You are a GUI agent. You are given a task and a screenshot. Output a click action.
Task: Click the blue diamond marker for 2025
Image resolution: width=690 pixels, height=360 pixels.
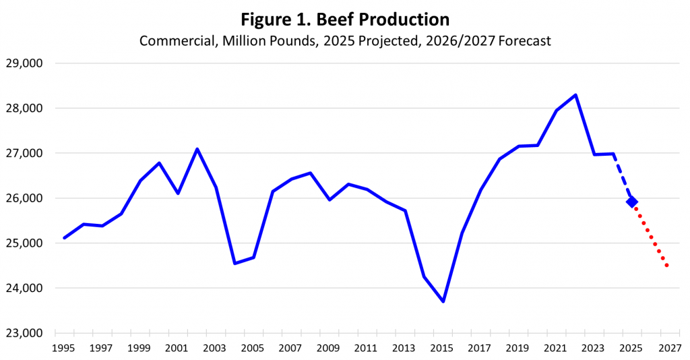click(631, 202)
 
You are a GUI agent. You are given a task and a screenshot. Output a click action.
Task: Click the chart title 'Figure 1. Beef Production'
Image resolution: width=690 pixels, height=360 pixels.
click(344, 18)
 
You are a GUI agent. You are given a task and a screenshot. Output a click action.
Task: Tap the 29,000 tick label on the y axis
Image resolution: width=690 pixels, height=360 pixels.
click(24, 63)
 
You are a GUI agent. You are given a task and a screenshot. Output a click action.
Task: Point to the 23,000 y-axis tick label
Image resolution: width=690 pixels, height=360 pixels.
click(24, 333)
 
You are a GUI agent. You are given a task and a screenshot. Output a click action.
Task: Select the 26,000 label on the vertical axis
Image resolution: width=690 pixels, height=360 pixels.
click(24, 198)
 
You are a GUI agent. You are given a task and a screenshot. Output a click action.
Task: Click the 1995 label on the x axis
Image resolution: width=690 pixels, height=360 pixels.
click(63, 349)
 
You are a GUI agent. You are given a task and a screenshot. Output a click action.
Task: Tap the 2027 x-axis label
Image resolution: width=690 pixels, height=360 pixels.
click(668, 349)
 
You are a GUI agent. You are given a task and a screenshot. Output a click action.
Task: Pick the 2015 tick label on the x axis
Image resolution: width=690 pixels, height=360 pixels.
click(441, 349)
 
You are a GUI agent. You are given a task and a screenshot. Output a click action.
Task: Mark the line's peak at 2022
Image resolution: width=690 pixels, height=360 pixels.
click(575, 95)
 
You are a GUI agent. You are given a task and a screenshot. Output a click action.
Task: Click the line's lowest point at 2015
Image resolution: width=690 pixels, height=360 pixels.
click(443, 301)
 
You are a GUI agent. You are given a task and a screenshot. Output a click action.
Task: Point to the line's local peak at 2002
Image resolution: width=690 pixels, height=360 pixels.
click(197, 149)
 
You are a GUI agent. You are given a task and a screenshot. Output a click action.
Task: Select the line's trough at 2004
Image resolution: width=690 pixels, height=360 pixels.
click(234, 263)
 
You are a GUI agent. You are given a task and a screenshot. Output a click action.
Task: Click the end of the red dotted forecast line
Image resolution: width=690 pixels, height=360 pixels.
click(667, 266)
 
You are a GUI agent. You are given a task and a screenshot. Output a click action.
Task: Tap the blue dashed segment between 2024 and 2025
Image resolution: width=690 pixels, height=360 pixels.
click(622, 177)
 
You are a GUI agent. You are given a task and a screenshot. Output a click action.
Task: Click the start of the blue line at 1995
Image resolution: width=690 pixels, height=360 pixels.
click(64, 238)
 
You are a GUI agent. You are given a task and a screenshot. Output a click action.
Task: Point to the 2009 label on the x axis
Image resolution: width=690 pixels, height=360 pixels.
click(328, 349)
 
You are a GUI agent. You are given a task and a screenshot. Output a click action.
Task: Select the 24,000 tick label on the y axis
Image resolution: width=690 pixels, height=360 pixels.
click(24, 288)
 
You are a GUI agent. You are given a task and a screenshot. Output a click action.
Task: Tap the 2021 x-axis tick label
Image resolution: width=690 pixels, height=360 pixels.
click(555, 349)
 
